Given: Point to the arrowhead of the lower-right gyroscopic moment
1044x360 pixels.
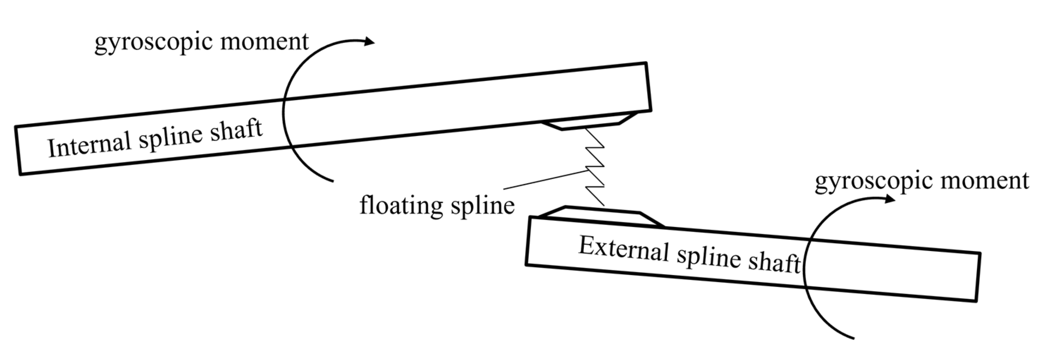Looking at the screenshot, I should [889, 199].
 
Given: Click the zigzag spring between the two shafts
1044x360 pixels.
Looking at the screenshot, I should [595, 166].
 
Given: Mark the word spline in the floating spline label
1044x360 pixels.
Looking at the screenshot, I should [482, 205].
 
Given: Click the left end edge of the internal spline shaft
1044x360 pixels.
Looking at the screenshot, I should [18, 150].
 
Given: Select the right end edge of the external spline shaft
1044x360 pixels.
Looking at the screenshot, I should [977, 277].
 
